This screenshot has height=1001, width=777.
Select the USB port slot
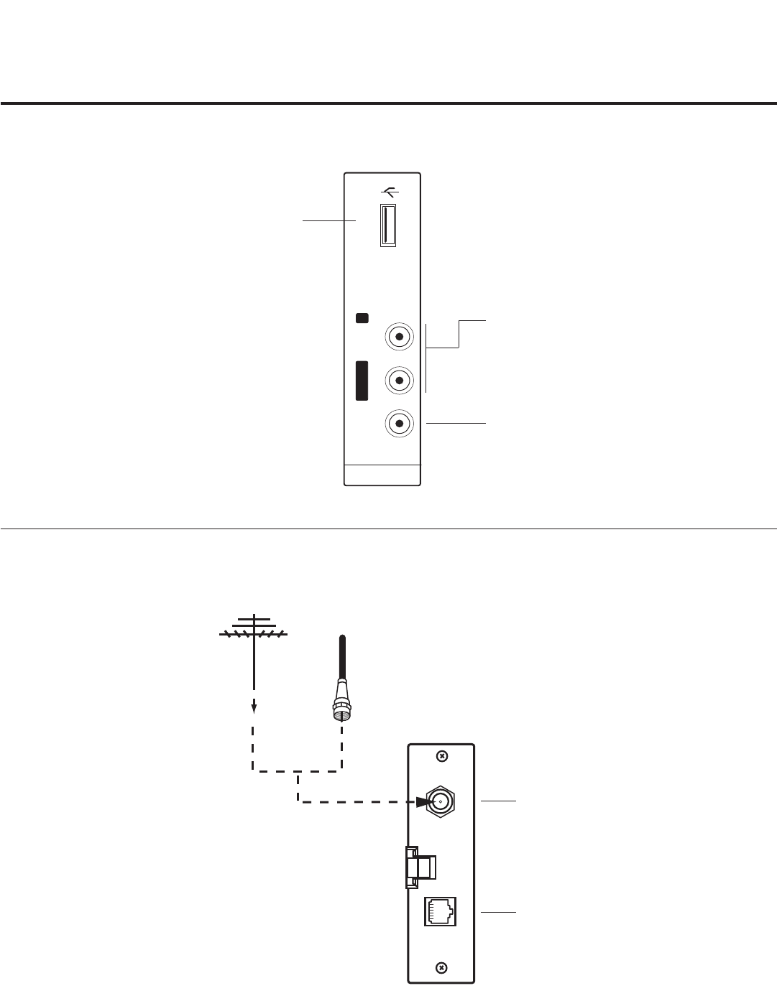pyautogui.click(x=388, y=225)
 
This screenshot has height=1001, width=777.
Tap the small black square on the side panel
pyautogui.click(x=363, y=318)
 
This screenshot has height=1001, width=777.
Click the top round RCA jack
pyautogui.click(x=399, y=336)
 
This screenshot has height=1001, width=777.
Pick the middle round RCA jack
pyautogui.click(x=399, y=379)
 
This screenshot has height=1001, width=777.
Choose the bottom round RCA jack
pyautogui.click(x=399, y=423)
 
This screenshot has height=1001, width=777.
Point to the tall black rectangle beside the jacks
pyautogui.click(x=362, y=380)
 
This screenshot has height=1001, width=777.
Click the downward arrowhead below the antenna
pyautogui.click(x=254, y=709)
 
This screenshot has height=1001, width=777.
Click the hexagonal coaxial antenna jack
pyautogui.click(x=441, y=801)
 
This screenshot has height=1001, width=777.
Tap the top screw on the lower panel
pyautogui.click(x=443, y=756)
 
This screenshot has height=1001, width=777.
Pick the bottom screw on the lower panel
pyautogui.click(x=443, y=967)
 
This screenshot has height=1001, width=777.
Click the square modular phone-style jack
pyautogui.click(x=440, y=911)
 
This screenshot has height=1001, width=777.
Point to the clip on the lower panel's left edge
pyautogui.click(x=418, y=865)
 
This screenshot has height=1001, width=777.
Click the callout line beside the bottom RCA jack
pyautogui.click(x=456, y=424)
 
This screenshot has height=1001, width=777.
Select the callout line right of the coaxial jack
pyautogui.click(x=498, y=800)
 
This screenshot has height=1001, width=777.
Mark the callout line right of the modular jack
pyautogui.click(x=498, y=912)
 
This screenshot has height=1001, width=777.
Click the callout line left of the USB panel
pyautogui.click(x=329, y=221)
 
